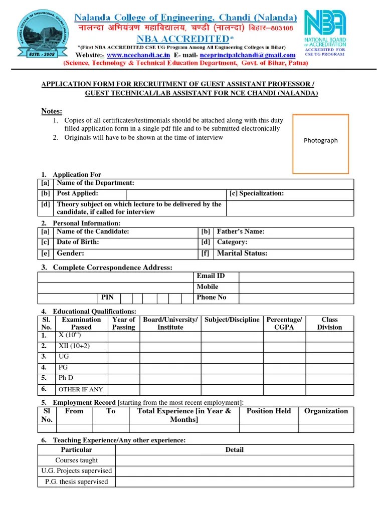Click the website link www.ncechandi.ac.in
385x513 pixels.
pyautogui.click(x=138, y=55)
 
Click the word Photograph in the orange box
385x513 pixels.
pyautogui.click(x=321, y=140)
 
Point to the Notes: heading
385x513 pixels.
pyautogui.click(x=52, y=111)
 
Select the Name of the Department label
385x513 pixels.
pyautogui.click(x=95, y=183)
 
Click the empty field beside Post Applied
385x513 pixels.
pyautogui.click(x=176, y=194)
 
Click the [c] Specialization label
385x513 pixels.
pyautogui.click(x=257, y=193)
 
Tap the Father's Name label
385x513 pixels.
pyautogui.click(x=240, y=231)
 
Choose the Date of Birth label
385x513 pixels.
pyautogui.click(x=78, y=242)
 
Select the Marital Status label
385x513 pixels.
pyautogui.click(x=242, y=253)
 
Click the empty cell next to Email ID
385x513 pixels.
pyautogui.click(x=296, y=277)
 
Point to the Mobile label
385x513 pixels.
pyautogui.click(x=208, y=287)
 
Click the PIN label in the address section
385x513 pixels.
pyautogui.click(x=108, y=298)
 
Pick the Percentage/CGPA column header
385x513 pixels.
pyautogui.click(x=284, y=324)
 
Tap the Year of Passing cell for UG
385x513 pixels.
pyautogui.click(x=123, y=357)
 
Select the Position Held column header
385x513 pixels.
pyautogui.click(x=269, y=411)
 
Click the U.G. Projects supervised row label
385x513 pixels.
pyautogui.click(x=77, y=471)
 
